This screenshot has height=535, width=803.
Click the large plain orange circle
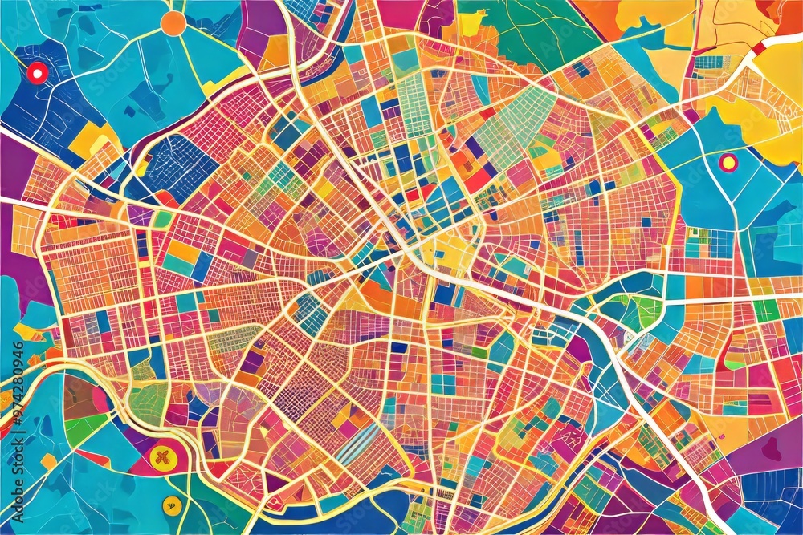point(173,22)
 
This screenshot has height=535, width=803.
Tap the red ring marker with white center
point(36,73)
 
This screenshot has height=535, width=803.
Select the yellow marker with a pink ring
point(728,163)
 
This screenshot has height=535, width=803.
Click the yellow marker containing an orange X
point(161,458)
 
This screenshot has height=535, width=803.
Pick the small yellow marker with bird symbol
point(169,505)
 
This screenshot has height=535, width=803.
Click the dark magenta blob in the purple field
point(772,449)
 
